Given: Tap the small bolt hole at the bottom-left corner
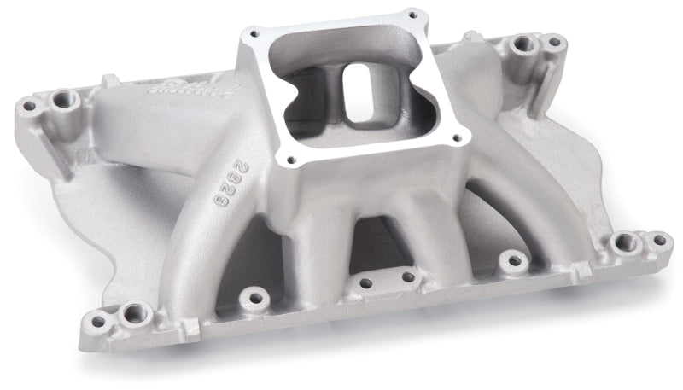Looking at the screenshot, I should pyautogui.click(x=96, y=322).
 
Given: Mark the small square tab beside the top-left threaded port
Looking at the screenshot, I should pyautogui.click(x=109, y=82).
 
